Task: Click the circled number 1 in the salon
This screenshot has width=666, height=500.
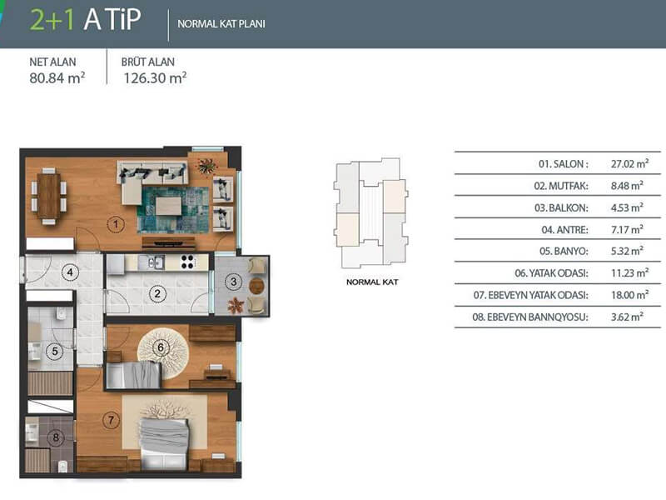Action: (115, 224)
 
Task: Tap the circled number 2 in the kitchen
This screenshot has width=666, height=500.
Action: (157, 293)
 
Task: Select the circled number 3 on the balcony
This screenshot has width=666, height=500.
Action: (233, 282)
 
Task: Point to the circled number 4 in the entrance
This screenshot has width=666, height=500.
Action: (70, 272)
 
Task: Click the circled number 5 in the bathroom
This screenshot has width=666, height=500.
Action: (54, 352)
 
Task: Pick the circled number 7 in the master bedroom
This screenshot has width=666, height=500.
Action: (111, 421)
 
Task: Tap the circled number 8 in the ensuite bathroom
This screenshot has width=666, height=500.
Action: (56, 437)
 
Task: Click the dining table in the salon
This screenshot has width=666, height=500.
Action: (48, 196)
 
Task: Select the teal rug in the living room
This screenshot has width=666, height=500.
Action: (173, 210)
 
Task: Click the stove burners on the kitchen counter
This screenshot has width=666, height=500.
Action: (187, 262)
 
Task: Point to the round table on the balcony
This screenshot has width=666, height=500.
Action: (256, 286)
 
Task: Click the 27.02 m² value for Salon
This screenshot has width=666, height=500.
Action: (629, 163)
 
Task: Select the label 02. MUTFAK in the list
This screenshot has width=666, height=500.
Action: (561, 186)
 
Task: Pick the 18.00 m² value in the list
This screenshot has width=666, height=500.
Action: (629, 295)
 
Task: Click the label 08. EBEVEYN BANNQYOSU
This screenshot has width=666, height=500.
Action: (530, 317)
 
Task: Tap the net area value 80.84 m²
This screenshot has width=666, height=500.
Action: (57, 77)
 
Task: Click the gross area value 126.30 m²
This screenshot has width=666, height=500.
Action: (155, 77)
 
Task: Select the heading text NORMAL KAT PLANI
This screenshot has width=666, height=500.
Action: (221, 24)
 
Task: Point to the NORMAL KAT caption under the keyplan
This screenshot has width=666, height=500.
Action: (372, 282)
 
